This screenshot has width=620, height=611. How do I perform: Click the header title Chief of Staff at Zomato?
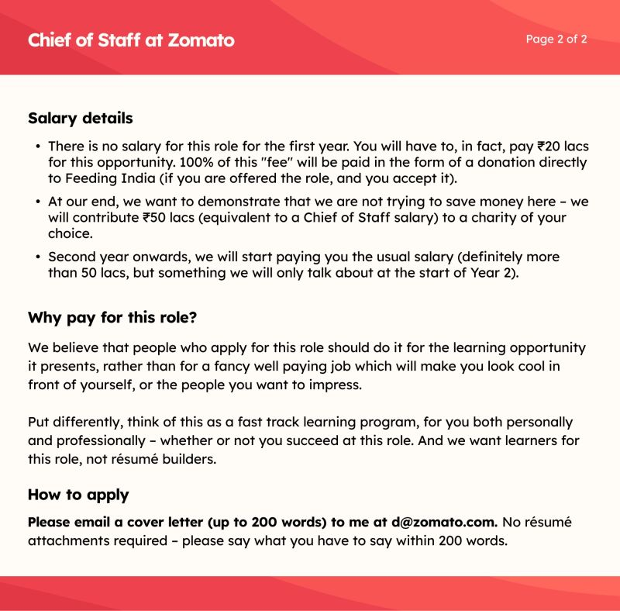[131, 40]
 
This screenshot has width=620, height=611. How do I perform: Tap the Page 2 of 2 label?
[556, 39]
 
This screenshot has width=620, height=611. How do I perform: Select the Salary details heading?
[81, 119]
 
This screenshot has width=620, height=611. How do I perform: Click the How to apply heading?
[78, 495]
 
